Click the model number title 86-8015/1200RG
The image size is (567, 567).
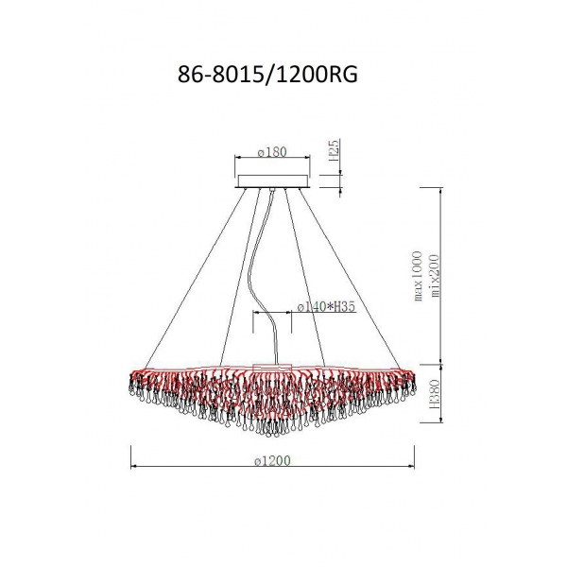pos(267,76)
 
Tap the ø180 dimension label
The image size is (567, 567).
pos(272,152)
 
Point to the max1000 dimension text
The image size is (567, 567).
pos(418,276)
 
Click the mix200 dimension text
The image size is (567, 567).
pos(435,276)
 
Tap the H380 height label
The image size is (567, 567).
pos(435,393)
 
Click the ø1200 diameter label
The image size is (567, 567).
pos(272,461)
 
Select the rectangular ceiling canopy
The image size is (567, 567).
pos(273,181)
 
